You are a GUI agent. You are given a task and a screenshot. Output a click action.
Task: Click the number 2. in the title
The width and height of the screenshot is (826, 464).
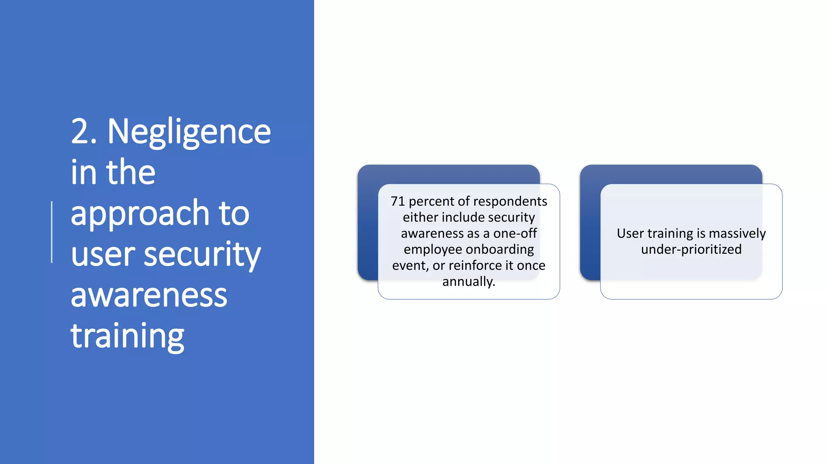click(84, 131)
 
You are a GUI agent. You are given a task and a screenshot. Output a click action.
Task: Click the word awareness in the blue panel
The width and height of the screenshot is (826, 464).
click(149, 295)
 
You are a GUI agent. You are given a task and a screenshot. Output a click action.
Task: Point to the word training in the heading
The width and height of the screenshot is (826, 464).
click(127, 337)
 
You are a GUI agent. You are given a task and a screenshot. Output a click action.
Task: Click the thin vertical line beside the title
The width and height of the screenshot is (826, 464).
click(52, 232)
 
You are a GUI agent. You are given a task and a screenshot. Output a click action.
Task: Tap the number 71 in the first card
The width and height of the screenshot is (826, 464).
click(397, 201)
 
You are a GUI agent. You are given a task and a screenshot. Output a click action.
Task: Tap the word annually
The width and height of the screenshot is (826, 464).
click(469, 282)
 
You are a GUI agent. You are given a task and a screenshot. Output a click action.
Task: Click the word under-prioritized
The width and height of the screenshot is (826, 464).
click(691, 250)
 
